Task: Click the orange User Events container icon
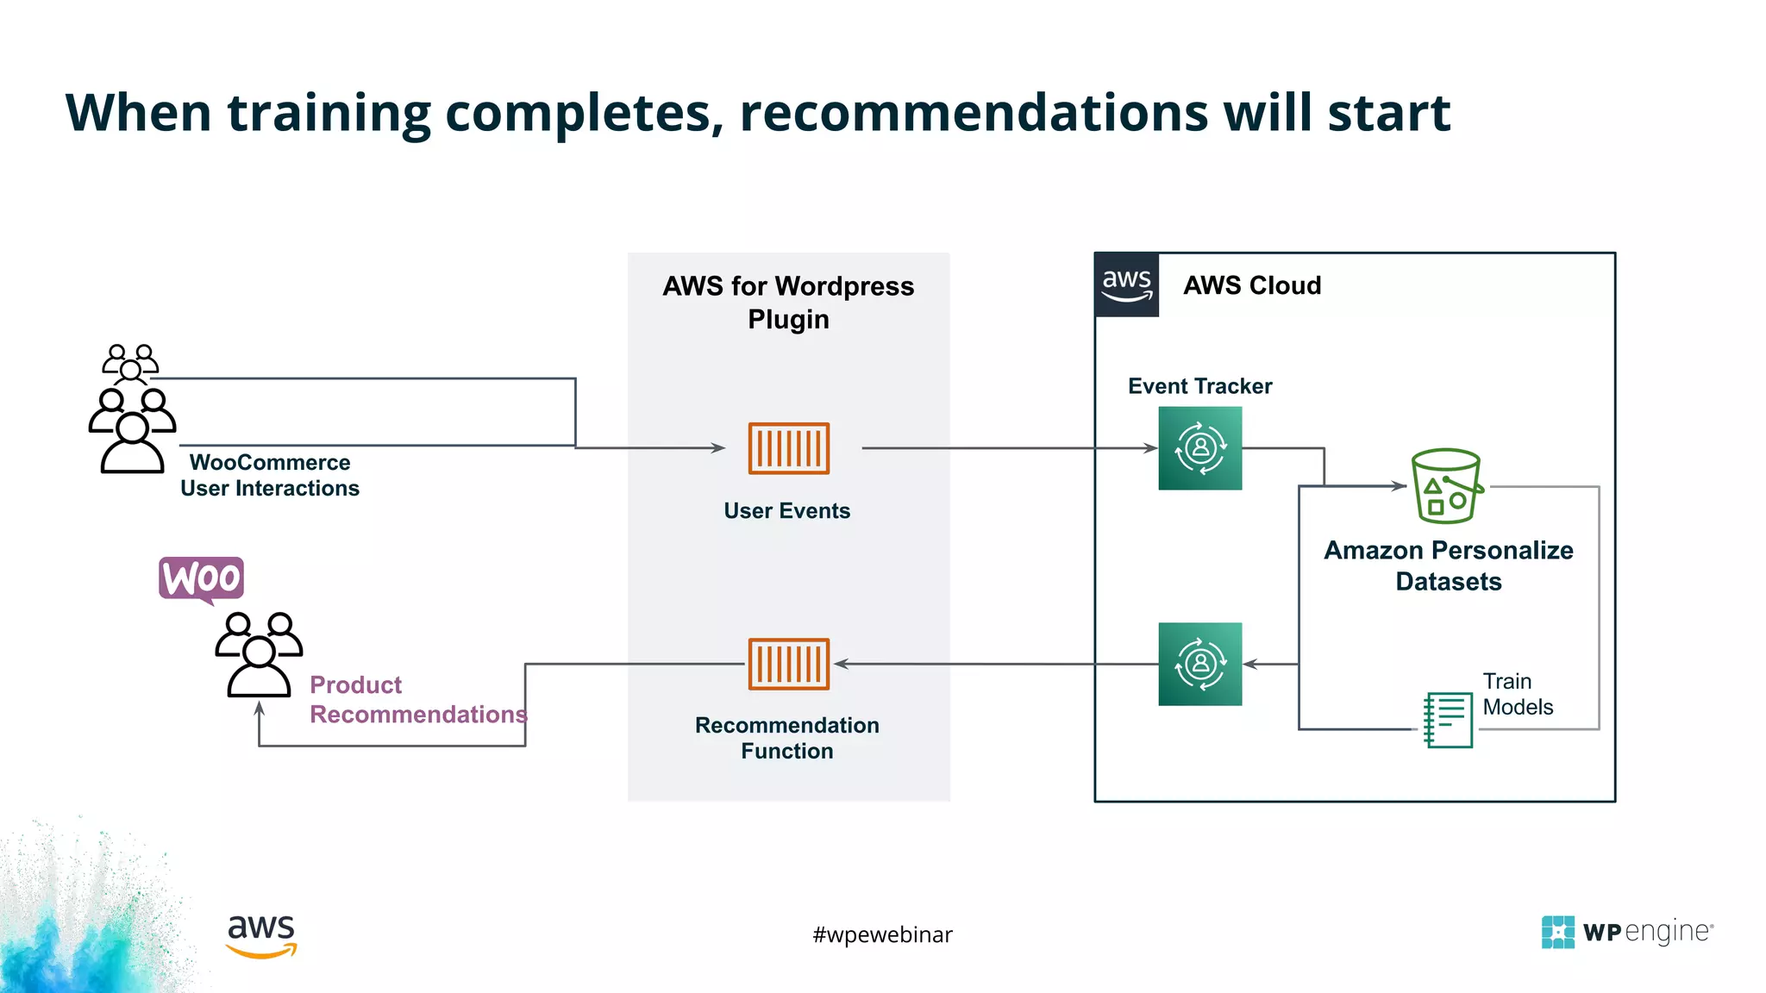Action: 788,448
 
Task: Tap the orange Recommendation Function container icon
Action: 788,664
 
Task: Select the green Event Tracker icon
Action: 1199,448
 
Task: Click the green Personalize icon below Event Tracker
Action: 1199,664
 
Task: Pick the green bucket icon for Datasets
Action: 1446,486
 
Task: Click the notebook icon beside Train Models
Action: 1449,720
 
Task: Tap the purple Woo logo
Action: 202,578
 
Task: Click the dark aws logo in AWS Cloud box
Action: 1126,284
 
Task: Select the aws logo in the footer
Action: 261,935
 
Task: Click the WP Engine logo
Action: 1626,932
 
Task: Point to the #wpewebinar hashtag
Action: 882,934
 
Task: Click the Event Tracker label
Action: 1199,386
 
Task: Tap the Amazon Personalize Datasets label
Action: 1448,565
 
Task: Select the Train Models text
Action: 1517,694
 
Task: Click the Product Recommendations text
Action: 417,699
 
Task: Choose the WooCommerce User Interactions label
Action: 270,475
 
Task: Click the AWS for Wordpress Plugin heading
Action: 788,302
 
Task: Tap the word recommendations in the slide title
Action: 973,113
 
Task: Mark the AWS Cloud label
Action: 1251,285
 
